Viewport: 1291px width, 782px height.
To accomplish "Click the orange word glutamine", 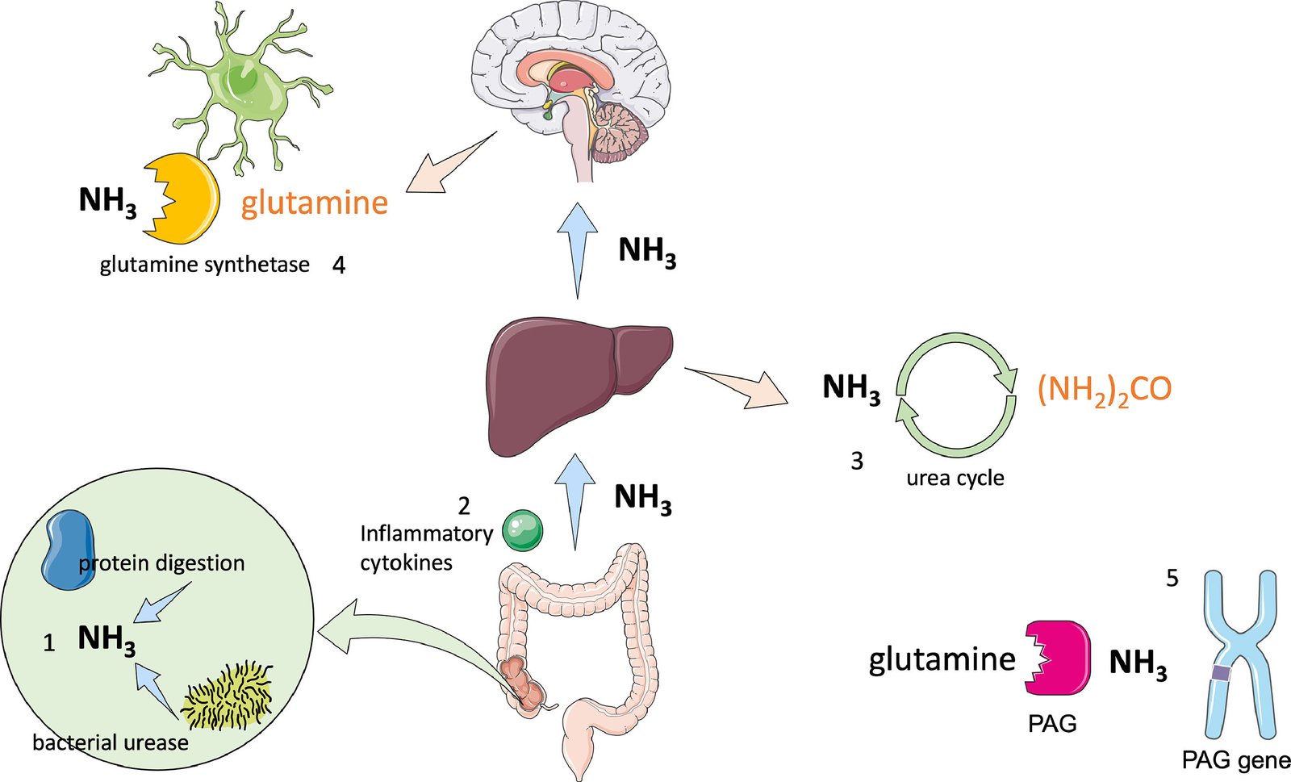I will pyautogui.click(x=315, y=203).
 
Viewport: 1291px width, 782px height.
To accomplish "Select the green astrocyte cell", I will pyautogui.click(x=242, y=89).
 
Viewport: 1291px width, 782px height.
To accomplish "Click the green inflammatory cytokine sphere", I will pyautogui.click(x=523, y=530).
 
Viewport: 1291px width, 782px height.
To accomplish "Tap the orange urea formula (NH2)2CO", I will pyautogui.click(x=1104, y=390).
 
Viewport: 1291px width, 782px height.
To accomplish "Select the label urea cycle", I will pyautogui.click(x=955, y=478).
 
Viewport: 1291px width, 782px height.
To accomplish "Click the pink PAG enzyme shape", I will pyautogui.click(x=1059, y=659).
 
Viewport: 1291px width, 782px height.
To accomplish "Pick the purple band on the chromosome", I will pyautogui.click(x=1222, y=672).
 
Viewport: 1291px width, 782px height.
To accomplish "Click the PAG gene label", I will pyautogui.click(x=1235, y=759).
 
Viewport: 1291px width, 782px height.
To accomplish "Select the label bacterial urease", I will pyautogui.click(x=111, y=742).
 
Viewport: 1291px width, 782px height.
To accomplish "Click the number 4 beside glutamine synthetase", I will pyautogui.click(x=339, y=266).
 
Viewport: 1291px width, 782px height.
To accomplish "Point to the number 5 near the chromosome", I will pyautogui.click(x=1172, y=579).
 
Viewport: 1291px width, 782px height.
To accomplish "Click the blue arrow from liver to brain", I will pyautogui.click(x=578, y=250).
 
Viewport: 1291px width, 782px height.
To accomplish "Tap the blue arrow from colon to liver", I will pyautogui.click(x=575, y=500).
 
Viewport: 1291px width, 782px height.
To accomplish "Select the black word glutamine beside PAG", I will pyautogui.click(x=942, y=660).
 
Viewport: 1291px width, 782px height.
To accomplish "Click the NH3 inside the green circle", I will pyautogui.click(x=107, y=639).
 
